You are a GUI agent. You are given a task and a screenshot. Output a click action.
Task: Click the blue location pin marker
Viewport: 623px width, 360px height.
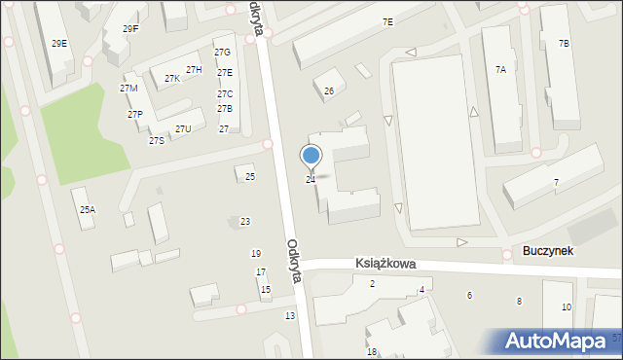coord(311,157)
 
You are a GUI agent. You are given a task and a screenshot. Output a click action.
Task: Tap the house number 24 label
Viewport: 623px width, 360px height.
coord(311,180)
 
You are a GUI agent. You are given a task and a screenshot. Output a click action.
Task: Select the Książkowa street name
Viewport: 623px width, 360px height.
coord(385,264)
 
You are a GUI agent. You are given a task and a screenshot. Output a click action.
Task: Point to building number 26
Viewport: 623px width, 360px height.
coord(329,91)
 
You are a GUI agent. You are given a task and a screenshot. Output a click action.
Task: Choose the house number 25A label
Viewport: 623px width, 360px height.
coord(87,210)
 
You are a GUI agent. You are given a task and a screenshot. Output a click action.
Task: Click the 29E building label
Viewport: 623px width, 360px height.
coord(59,44)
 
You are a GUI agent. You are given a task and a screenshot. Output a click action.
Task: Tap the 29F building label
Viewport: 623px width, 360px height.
coord(130,29)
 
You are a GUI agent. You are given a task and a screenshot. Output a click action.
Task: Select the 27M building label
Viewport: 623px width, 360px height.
coord(128,89)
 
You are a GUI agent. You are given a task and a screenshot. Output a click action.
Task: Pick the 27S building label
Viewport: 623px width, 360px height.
coord(156,141)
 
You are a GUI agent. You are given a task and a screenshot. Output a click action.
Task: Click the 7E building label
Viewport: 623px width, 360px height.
coord(387,22)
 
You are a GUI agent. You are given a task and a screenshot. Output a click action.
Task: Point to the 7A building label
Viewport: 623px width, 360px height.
coord(500,70)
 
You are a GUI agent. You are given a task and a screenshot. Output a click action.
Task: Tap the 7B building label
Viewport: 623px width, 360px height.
coord(564,44)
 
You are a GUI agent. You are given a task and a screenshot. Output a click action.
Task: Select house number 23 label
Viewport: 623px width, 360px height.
coord(245,222)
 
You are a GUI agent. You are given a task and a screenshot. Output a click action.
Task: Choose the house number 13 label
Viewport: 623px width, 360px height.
coord(289,316)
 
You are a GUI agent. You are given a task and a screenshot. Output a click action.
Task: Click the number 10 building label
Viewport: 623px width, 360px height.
coord(567,307)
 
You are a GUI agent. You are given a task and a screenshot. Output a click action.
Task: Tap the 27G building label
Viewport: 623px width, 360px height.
coord(222,53)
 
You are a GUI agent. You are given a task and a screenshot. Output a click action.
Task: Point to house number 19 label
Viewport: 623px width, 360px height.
coord(256,254)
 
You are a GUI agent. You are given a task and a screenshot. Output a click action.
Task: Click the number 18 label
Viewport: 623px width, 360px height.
coord(371,352)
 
